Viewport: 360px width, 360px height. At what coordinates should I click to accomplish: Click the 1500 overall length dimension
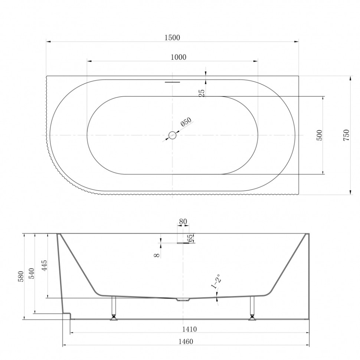click(172, 37)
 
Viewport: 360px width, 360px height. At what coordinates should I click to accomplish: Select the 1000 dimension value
click(179, 57)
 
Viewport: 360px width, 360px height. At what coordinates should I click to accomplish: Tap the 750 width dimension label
click(346, 135)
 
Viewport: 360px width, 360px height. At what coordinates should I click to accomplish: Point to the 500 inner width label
click(320, 135)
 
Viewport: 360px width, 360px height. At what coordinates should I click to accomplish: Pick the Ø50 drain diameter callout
click(186, 122)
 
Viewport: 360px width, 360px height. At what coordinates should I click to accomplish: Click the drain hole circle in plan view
click(172, 135)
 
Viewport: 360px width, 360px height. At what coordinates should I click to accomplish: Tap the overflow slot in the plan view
click(173, 82)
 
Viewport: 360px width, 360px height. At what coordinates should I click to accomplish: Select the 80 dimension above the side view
click(183, 222)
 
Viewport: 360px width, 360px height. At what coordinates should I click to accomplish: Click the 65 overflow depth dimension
click(190, 238)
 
